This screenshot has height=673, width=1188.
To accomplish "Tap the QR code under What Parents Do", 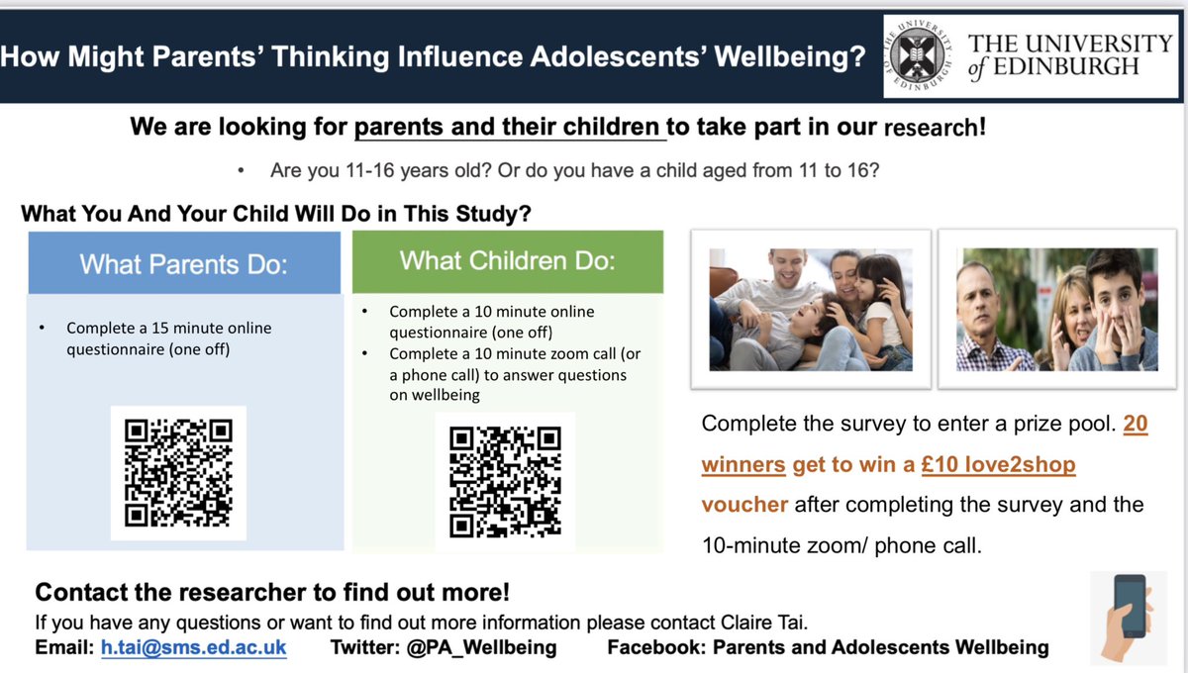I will coord(178,473).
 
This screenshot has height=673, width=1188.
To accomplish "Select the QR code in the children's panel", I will coord(504,480).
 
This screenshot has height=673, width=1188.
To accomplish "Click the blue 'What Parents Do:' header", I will coord(183,264).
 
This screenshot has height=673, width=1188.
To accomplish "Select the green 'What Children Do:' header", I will coord(507,261).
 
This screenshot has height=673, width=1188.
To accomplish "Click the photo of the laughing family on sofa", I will coord(810,309).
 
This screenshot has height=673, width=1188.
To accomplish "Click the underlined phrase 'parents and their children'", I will coord(509,128).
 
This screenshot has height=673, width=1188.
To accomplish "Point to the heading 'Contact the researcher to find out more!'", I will coord(272,593).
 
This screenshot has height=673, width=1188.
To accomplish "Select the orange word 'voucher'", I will coord(744,504).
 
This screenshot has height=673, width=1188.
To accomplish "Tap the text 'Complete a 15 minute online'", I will coord(168,328).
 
